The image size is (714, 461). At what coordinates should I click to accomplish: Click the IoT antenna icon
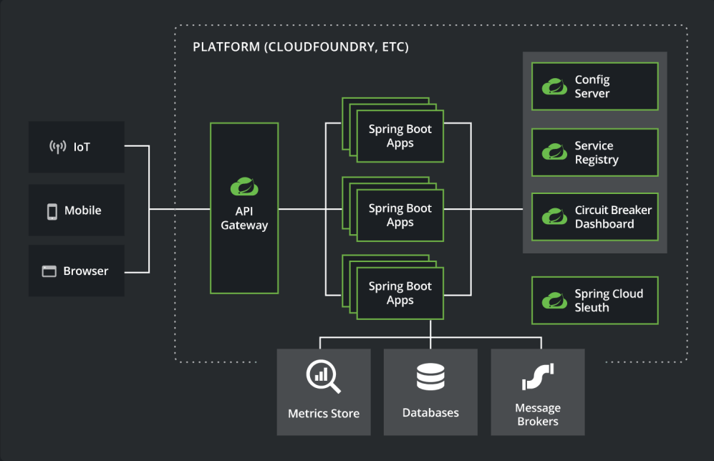click(x=58, y=147)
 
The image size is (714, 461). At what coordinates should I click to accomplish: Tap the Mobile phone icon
click(x=52, y=211)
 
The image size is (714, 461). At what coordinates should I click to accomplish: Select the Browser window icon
click(x=49, y=271)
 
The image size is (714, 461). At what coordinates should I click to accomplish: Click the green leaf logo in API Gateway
click(x=244, y=186)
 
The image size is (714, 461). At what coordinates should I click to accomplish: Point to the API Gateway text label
click(x=244, y=218)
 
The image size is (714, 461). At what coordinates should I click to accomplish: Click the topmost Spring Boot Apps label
click(x=400, y=136)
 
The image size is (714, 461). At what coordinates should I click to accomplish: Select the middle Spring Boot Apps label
click(x=400, y=215)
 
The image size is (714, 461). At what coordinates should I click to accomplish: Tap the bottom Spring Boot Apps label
click(x=400, y=293)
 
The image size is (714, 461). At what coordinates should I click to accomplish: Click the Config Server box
click(x=594, y=87)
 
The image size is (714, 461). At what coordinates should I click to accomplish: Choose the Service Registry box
click(x=594, y=152)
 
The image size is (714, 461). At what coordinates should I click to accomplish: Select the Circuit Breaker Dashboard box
click(x=594, y=216)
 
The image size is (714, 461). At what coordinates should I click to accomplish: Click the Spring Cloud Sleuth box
click(x=594, y=301)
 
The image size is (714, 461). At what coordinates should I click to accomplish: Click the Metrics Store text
click(x=324, y=414)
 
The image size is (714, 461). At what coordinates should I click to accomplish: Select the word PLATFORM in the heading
click(x=225, y=48)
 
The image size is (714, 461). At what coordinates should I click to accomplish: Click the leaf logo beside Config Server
click(x=554, y=87)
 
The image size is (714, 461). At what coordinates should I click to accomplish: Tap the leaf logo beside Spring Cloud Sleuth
click(x=554, y=301)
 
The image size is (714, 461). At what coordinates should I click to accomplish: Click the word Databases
click(x=430, y=413)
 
